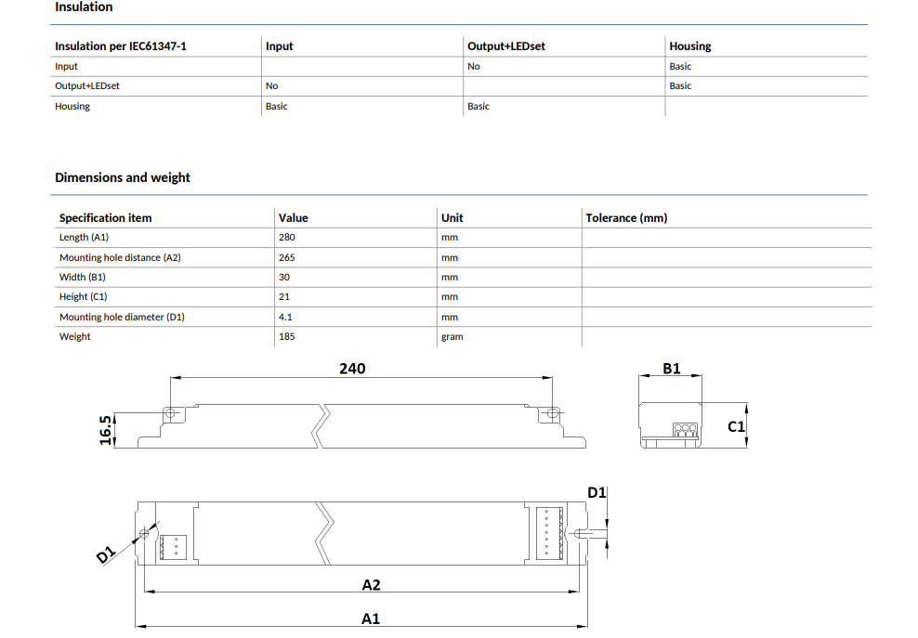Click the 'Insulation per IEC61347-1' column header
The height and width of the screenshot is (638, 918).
tap(121, 46)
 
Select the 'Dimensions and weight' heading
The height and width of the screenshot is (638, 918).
tap(123, 177)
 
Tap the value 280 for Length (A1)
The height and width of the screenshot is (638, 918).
tap(287, 237)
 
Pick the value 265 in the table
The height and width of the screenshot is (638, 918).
tap(287, 257)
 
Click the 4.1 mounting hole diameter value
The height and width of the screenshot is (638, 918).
tap(285, 317)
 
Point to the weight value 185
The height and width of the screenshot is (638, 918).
tap(287, 336)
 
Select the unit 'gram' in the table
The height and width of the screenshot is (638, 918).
tap(452, 337)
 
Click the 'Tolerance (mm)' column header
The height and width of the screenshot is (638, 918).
tap(626, 217)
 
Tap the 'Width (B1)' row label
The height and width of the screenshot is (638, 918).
tap(83, 277)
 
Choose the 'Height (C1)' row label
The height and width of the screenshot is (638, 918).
tap(83, 297)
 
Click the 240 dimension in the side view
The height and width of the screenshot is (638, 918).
tap(352, 369)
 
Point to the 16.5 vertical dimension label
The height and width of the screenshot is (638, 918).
tap(105, 430)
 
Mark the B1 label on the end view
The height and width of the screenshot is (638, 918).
tap(672, 369)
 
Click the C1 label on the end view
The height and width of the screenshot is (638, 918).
tap(737, 426)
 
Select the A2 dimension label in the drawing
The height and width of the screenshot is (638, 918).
tap(371, 585)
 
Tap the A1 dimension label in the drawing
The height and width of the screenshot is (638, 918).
tap(371, 619)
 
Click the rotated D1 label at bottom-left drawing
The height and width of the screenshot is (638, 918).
tap(106, 554)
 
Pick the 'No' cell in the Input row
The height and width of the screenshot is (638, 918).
tap(474, 67)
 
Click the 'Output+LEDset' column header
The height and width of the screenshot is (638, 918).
tap(506, 46)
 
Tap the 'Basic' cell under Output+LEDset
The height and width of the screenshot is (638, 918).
tap(479, 107)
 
